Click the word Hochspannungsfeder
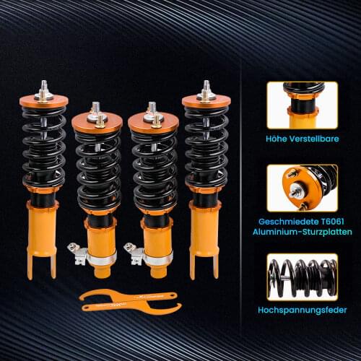[x=302, y=310]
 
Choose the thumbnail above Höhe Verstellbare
[x=302, y=105]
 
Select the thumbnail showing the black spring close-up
[x=302, y=276]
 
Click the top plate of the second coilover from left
[x=99, y=120]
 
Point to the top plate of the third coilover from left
[x=153, y=120]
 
